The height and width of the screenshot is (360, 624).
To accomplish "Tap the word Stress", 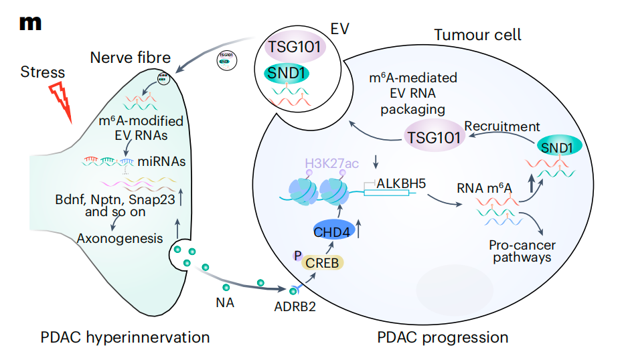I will coord(43,72).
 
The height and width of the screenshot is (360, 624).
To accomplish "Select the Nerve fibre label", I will coord(131,57).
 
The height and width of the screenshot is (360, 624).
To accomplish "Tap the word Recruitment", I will coord(502,126).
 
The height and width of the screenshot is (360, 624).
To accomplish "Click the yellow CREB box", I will coord(323,262).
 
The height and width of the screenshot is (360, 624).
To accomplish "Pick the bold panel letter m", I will coord(30,22).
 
